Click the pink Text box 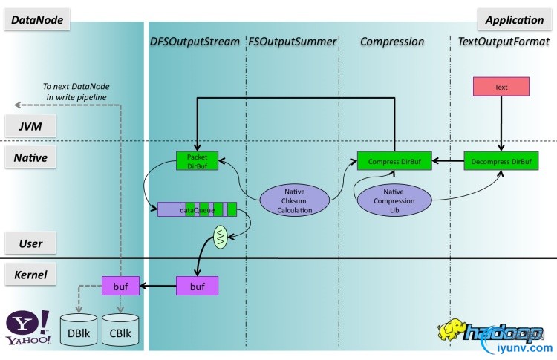[x=501, y=87]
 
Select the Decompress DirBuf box [x=501, y=160]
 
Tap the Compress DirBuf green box [x=394, y=160]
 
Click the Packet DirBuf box [x=197, y=160]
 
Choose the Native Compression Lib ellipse [x=395, y=200]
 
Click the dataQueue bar [x=197, y=209]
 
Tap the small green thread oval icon [x=221, y=238]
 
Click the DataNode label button [x=37, y=20]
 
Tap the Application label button [x=515, y=20]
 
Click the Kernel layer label [x=30, y=275]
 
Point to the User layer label [x=30, y=243]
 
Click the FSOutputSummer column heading [x=290, y=42]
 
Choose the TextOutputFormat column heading [x=504, y=42]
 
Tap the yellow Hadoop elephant [x=453, y=332]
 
